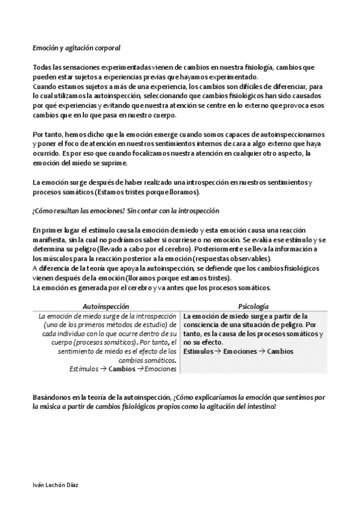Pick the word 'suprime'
(x=110, y=163)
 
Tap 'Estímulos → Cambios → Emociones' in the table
(x=123, y=369)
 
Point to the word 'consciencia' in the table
(x=203, y=325)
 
